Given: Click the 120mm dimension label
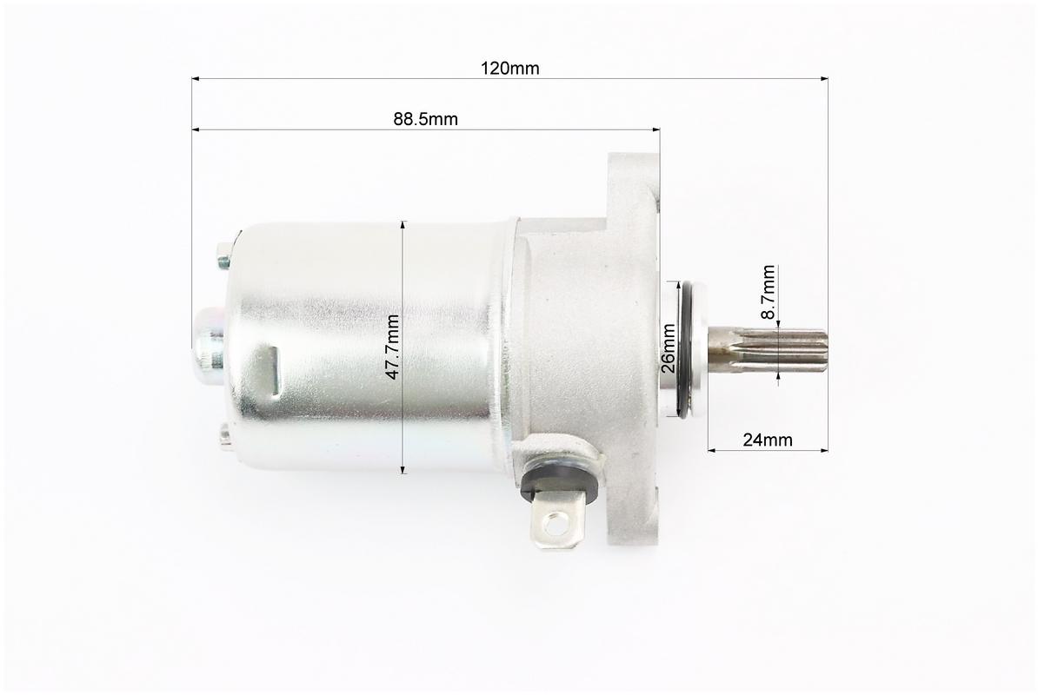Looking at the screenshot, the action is tap(509, 68).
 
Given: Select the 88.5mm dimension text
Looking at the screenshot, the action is tap(426, 119).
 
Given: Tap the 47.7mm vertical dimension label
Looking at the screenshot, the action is tap(393, 347).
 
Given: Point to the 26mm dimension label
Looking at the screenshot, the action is tap(669, 348).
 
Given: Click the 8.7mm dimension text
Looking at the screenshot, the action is tap(768, 292).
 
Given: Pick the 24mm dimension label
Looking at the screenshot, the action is tap(768, 440).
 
